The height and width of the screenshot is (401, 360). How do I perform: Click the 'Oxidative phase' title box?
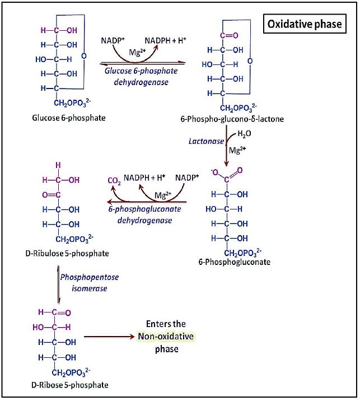[304, 25]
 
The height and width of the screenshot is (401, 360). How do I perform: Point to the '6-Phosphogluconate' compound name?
[234, 262]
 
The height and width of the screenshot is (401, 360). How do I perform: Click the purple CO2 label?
[114, 180]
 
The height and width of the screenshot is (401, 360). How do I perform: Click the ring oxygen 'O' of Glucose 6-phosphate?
[83, 56]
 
